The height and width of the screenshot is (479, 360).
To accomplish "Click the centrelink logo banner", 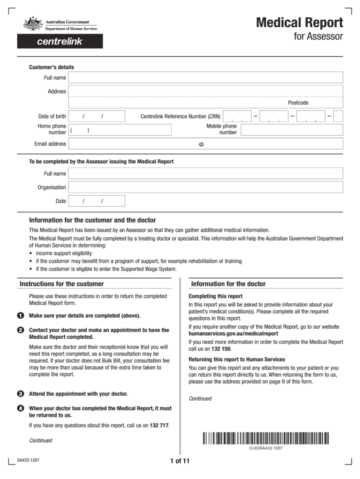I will coord(60,41).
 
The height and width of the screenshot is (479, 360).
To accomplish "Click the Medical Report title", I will coord(299,23).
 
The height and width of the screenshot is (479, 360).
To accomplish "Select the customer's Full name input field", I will coord(206,77).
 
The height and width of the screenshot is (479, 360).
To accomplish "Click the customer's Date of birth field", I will coord(97,116).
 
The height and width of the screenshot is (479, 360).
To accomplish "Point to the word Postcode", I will coord(298,103).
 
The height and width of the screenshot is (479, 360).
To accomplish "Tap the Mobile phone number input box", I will coord(292,129).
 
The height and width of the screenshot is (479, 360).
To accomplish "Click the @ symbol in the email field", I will coord(201,144).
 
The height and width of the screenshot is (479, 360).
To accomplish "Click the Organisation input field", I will coord(206,187).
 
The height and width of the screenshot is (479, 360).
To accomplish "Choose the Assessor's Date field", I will coord(97,201).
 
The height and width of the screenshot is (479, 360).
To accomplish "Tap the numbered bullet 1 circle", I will coord(21,315).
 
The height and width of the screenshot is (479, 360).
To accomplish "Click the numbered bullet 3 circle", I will coord(21,394).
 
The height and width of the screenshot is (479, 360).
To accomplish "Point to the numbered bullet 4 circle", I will coord(21,409).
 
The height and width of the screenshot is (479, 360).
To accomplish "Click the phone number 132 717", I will coord(159,426).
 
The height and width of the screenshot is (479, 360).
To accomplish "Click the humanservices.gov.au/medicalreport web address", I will coord(230,334).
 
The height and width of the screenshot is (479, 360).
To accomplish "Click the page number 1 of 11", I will coord(180,461).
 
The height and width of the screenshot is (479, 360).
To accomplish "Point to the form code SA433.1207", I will coord(28,460).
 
